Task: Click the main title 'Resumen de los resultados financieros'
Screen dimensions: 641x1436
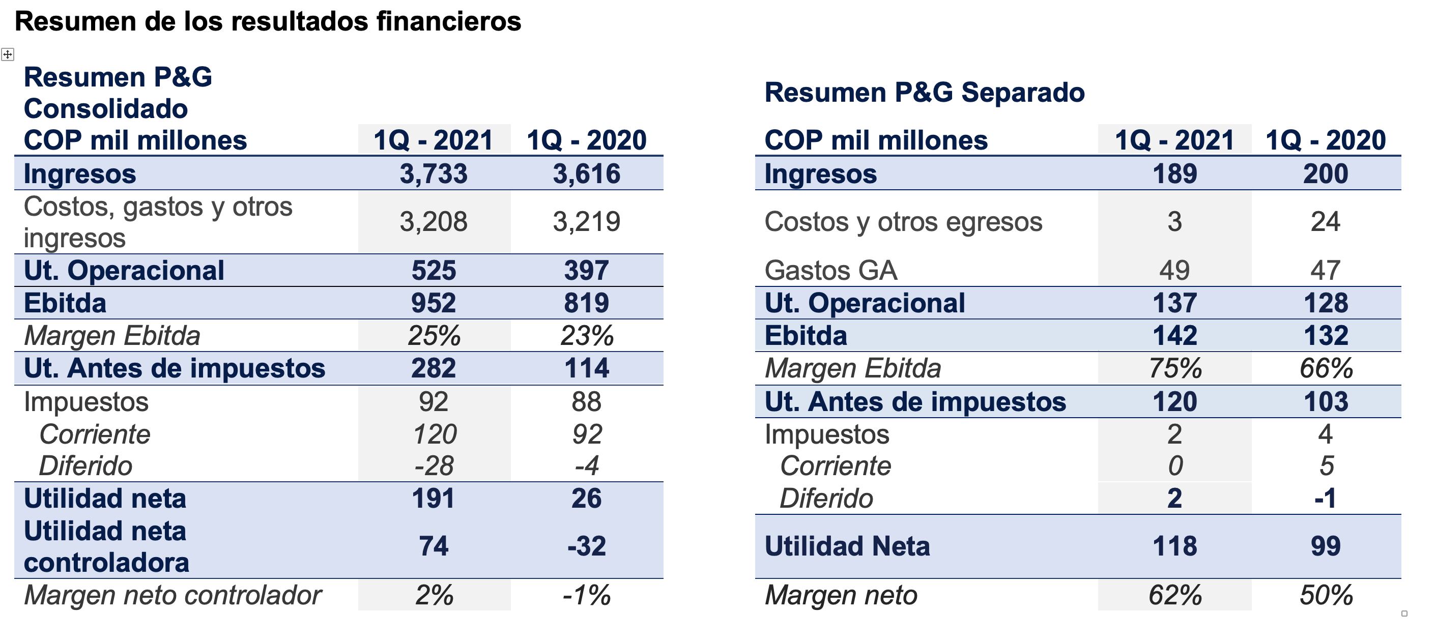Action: [x=268, y=22]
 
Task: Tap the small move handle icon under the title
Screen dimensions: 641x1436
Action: [x=7, y=54]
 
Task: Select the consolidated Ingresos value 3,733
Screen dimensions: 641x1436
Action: [x=434, y=173]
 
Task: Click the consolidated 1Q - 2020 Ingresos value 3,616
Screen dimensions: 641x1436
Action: [x=586, y=173]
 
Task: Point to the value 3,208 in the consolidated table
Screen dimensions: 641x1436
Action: [x=434, y=222]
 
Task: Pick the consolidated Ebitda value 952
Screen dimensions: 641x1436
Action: [x=434, y=303]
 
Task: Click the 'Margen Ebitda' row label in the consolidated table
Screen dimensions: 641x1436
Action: [x=112, y=336]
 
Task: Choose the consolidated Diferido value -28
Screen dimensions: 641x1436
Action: [x=434, y=466]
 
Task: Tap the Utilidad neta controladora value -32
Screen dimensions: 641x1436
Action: [x=586, y=546]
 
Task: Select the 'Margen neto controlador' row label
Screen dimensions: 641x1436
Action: [x=173, y=595]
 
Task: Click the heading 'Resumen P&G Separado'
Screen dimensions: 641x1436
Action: [x=924, y=93]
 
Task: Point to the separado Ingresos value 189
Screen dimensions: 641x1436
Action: [x=1174, y=173]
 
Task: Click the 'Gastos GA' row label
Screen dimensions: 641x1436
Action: [x=830, y=270]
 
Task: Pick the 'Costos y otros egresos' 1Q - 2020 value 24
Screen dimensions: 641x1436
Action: [x=1326, y=222]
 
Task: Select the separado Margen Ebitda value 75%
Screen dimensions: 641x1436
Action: [x=1174, y=368]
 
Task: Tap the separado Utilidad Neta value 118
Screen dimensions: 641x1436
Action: [x=1174, y=546]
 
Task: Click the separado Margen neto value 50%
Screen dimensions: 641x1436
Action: [x=1326, y=595]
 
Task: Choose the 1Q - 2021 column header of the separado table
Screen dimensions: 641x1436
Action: [x=1174, y=140]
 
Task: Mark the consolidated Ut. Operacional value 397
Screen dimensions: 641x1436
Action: [x=586, y=270]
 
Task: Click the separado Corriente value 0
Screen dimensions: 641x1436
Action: [x=1174, y=466]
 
